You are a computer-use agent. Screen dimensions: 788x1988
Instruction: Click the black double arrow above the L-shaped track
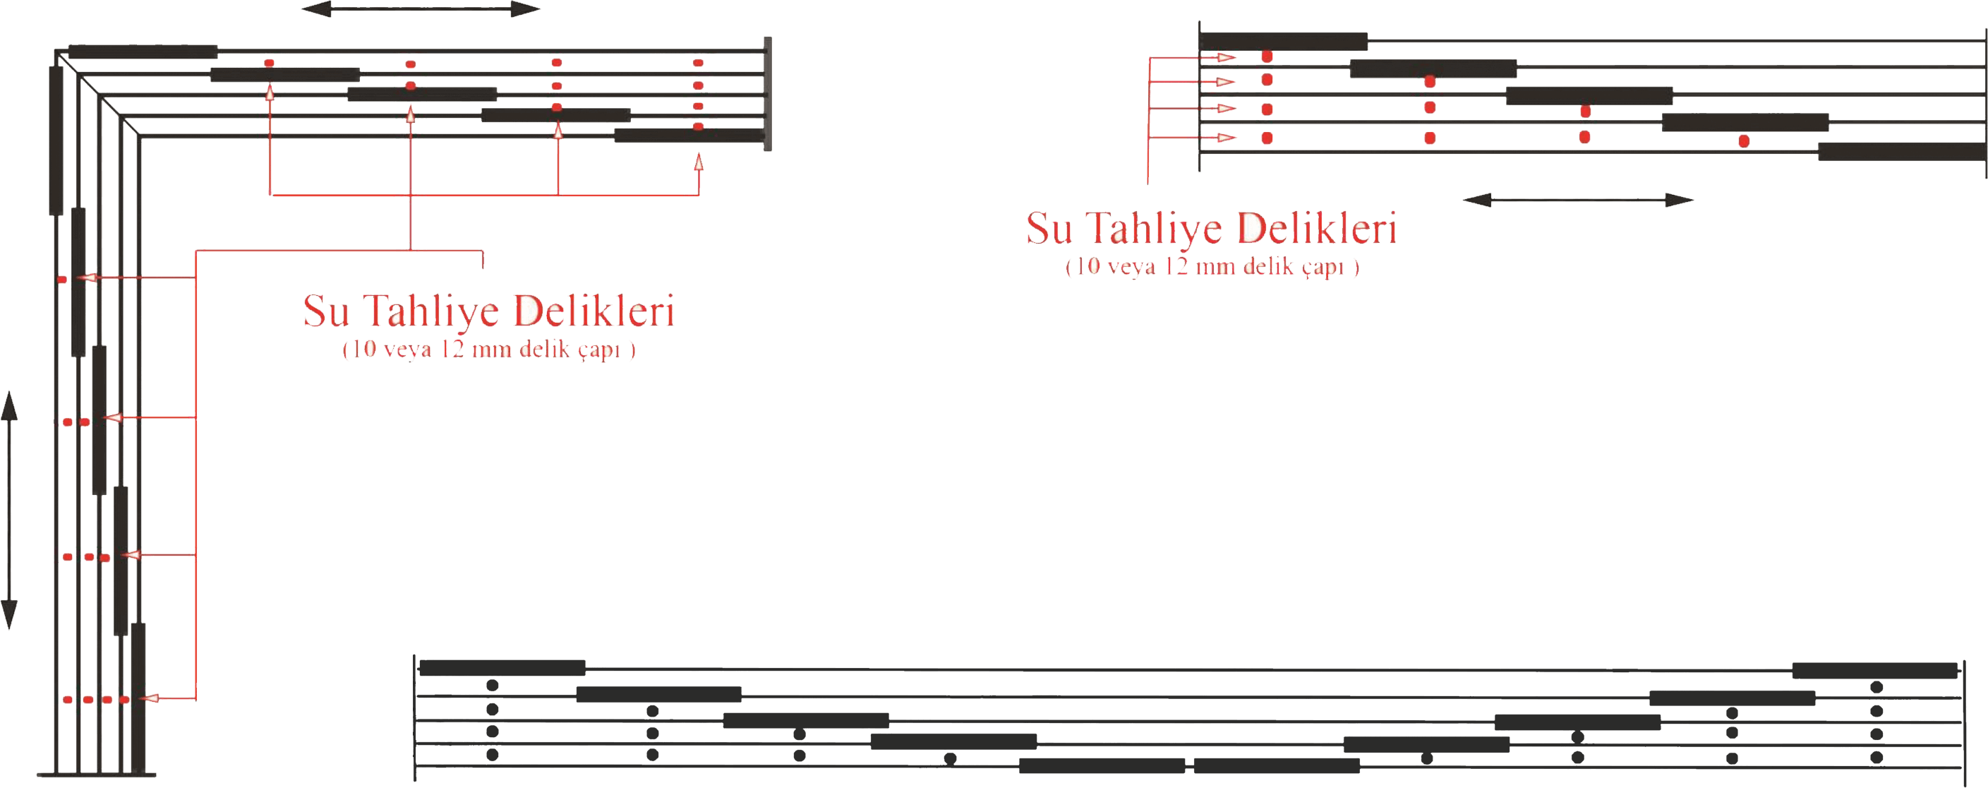point(421,9)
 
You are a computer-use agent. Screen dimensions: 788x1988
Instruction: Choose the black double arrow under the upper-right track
point(1577,201)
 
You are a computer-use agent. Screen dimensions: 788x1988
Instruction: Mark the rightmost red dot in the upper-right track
point(1743,141)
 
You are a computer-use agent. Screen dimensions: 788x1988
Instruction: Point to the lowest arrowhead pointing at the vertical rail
point(152,698)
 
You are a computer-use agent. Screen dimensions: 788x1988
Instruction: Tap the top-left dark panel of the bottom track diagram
point(502,667)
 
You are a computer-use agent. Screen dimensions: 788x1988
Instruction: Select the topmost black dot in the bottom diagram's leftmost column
point(493,685)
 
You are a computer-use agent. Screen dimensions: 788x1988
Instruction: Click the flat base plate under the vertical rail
point(93,774)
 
